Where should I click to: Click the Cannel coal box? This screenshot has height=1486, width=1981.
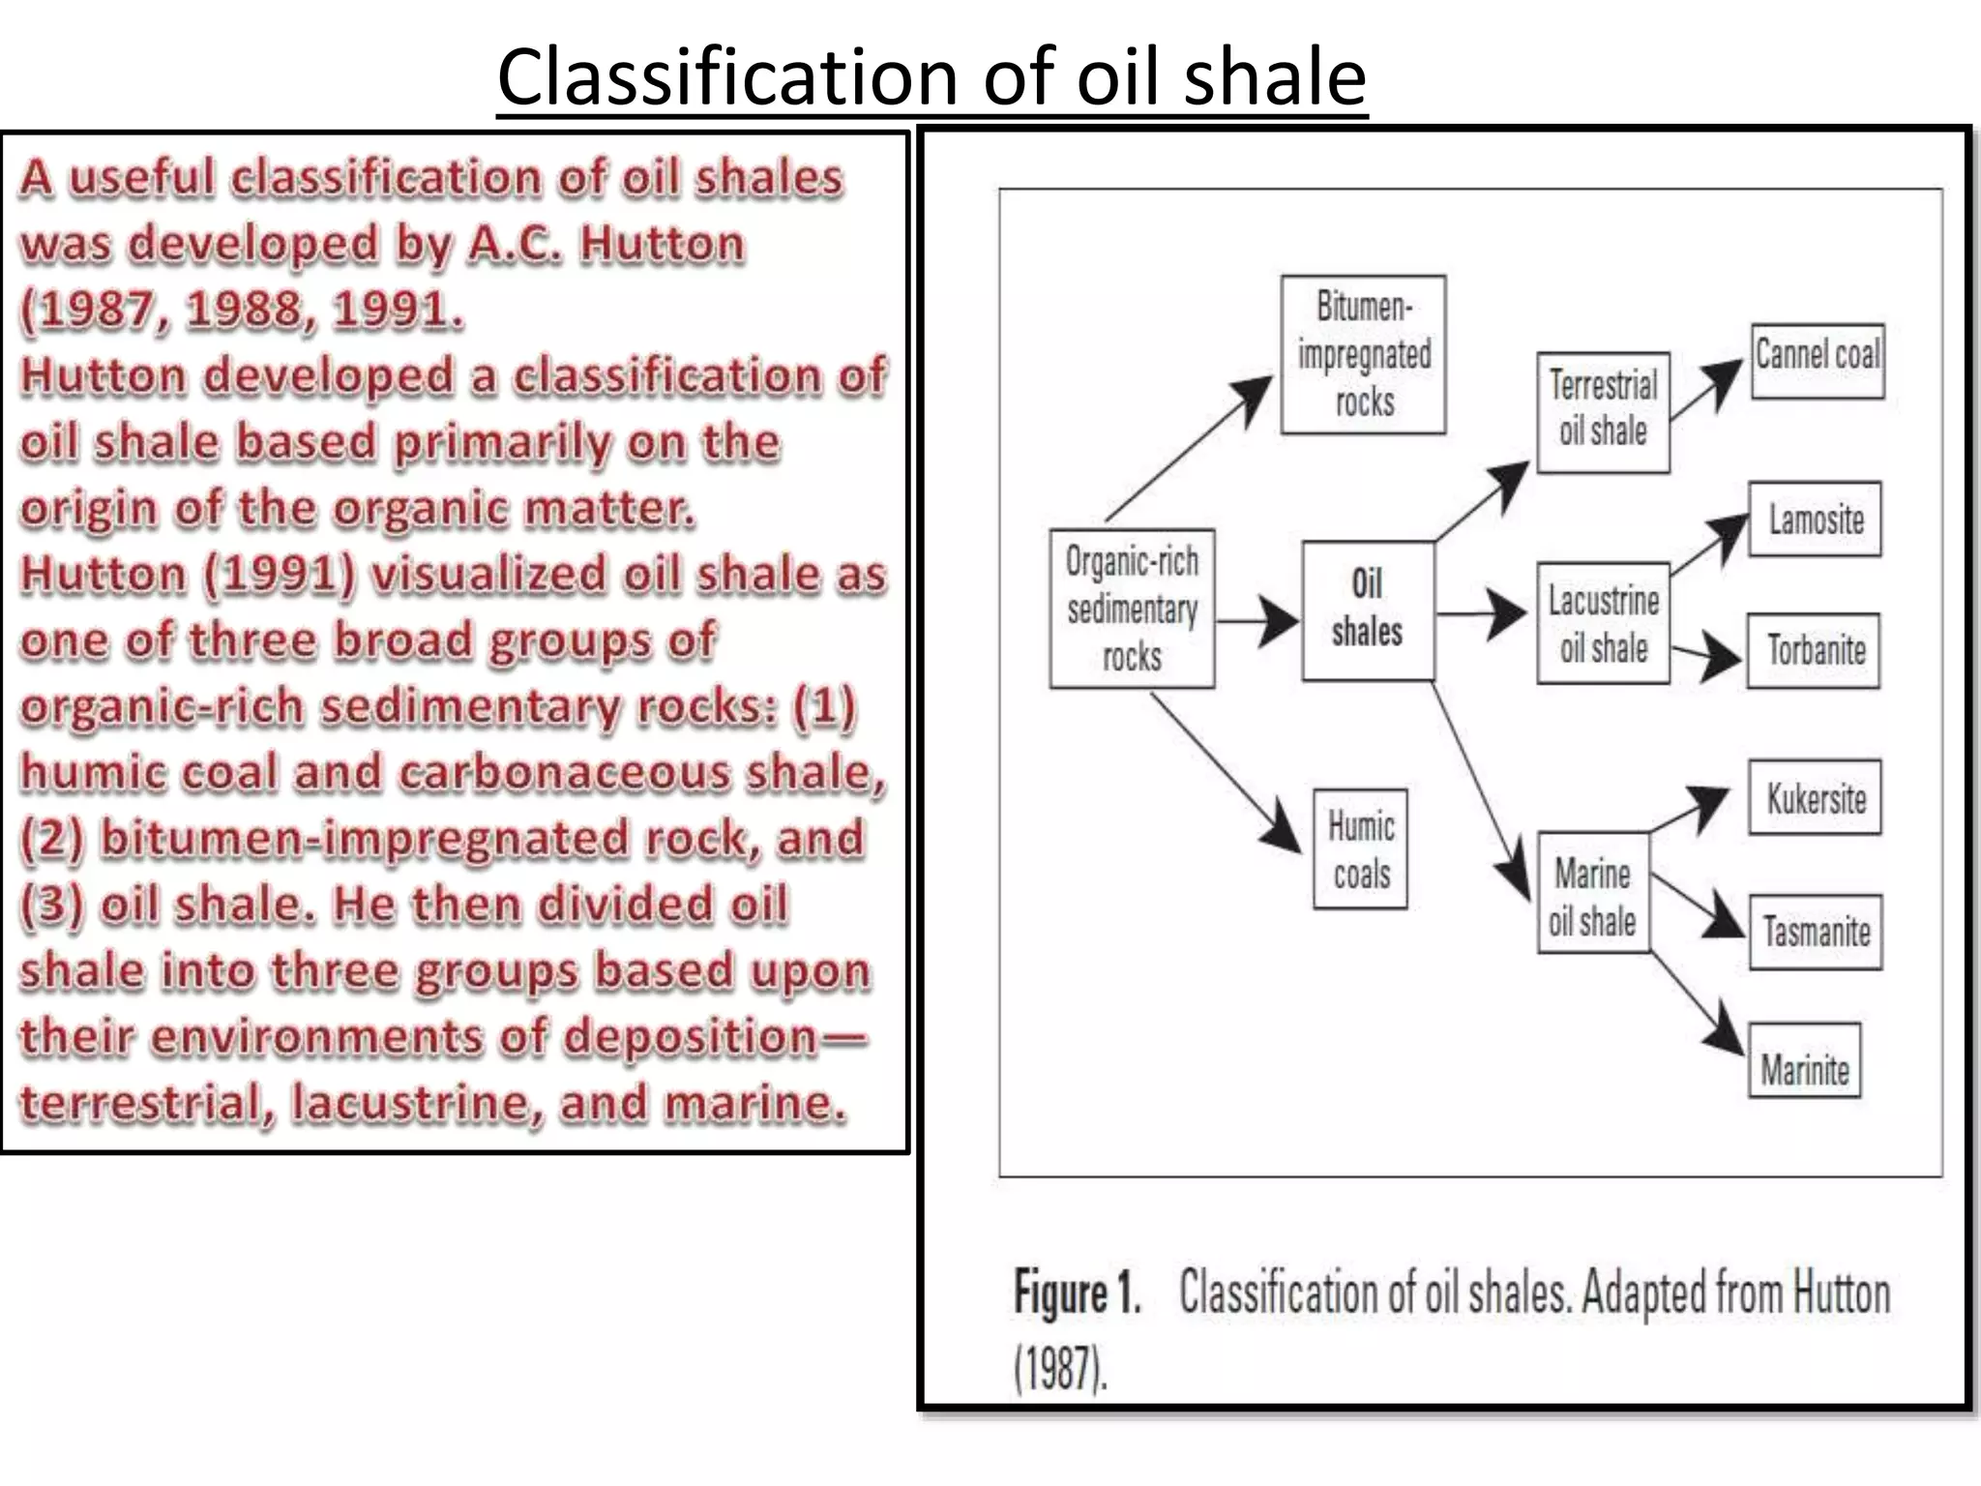(x=1818, y=360)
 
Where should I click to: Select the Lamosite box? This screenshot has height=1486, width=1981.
(x=1815, y=520)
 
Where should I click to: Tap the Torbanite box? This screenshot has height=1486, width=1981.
(x=1814, y=650)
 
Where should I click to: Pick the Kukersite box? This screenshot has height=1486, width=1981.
(x=1815, y=798)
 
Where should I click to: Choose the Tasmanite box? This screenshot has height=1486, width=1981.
(x=1816, y=932)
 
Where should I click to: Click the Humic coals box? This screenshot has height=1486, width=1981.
(x=1360, y=849)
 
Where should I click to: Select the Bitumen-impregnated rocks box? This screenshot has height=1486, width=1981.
(x=1364, y=354)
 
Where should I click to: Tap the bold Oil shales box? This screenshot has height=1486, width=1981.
(x=1367, y=609)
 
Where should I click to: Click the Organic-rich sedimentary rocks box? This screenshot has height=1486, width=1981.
(x=1132, y=609)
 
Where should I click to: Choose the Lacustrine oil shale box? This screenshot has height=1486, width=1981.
(x=1603, y=624)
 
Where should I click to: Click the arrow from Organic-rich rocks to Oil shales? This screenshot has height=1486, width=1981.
(x=1257, y=620)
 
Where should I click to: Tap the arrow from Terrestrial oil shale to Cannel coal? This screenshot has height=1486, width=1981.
(x=1708, y=390)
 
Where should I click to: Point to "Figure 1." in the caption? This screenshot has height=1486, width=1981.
(x=1077, y=1293)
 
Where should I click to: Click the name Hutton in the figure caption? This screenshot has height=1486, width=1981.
(x=1840, y=1293)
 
